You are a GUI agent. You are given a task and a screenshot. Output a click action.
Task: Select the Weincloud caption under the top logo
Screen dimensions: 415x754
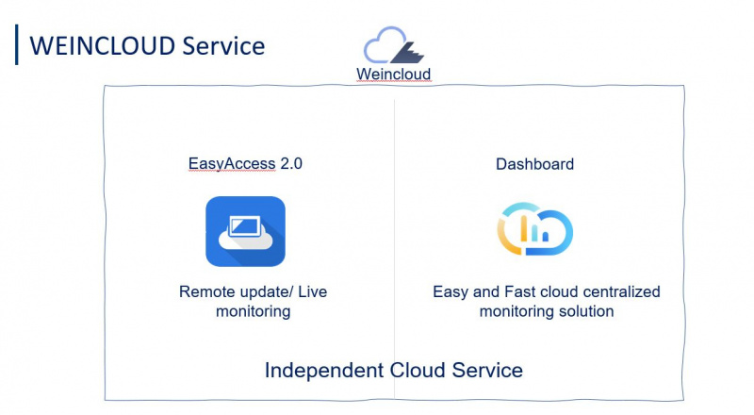[394, 74]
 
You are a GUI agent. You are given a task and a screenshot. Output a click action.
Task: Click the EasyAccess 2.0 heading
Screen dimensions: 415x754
[245, 164]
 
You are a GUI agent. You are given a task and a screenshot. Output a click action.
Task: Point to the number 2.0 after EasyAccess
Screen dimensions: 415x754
[291, 164]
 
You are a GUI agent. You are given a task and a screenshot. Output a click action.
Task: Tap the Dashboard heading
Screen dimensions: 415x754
[534, 164]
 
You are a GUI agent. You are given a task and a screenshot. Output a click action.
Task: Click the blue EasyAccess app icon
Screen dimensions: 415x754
[245, 231]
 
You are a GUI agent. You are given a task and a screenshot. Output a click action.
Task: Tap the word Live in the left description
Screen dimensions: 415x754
[310, 292]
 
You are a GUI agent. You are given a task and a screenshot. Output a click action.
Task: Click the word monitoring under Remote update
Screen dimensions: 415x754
[254, 311]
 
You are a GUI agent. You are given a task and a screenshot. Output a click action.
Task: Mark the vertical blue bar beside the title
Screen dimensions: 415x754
[17, 45]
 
